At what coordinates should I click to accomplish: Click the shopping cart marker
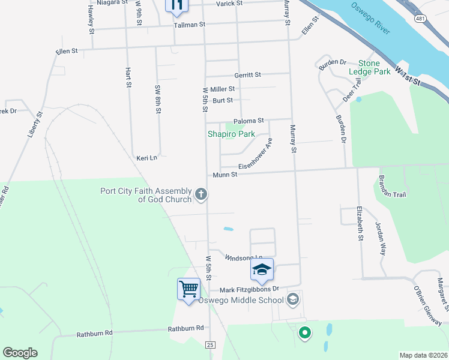click(x=188, y=290)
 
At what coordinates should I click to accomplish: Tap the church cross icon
click(x=201, y=194)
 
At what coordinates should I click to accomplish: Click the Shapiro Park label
click(x=231, y=134)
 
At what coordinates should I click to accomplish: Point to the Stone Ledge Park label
click(x=370, y=67)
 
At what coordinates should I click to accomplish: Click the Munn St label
click(x=225, y=175)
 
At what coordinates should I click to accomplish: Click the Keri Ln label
click(x=146, y=158)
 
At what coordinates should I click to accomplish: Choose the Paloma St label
click(x=249, y=121)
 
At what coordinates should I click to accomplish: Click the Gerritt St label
click(x=248, y=75)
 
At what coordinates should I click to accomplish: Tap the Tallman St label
click(x=190, y=25)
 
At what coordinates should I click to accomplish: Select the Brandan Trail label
click(x=391, y=186)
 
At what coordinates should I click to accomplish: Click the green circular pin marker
click(x=304, y=332)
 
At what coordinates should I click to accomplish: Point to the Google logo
click(x=20, y=353)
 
